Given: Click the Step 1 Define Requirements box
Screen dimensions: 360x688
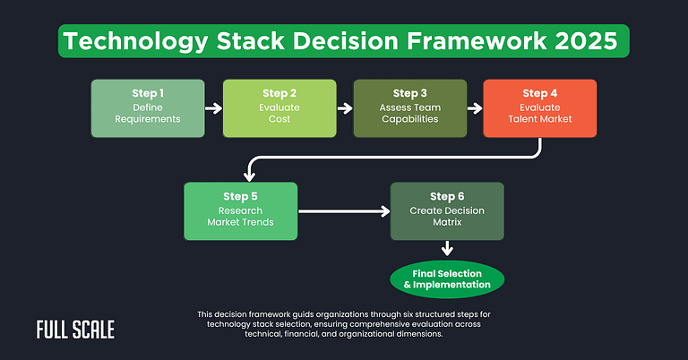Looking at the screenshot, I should coord(149,108).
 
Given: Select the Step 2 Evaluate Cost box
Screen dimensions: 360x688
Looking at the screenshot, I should coord(279,108).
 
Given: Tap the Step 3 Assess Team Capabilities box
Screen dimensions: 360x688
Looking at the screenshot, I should coord(410,108).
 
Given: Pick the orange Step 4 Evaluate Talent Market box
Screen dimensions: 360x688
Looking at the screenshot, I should coord(540,108).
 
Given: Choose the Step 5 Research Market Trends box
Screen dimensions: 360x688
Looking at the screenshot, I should coord(240,211).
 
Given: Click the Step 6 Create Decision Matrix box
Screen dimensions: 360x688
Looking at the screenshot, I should coord(447,211).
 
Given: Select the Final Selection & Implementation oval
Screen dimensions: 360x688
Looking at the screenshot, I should coord(447,279).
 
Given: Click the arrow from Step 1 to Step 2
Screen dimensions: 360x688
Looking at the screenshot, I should coord(214,109).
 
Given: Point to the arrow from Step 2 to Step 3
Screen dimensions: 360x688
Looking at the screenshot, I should coord(345,109).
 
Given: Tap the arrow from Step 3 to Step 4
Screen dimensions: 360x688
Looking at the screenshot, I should coord(475,109).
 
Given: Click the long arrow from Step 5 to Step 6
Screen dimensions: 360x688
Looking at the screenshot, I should coord(344,212).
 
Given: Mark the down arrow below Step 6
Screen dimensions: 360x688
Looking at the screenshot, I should coord(447,250).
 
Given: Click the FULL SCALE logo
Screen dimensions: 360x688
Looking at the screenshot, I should coord(75,330).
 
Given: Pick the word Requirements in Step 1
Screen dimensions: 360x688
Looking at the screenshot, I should coord(149,119).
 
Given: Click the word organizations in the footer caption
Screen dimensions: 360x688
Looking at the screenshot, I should coord(370,314).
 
